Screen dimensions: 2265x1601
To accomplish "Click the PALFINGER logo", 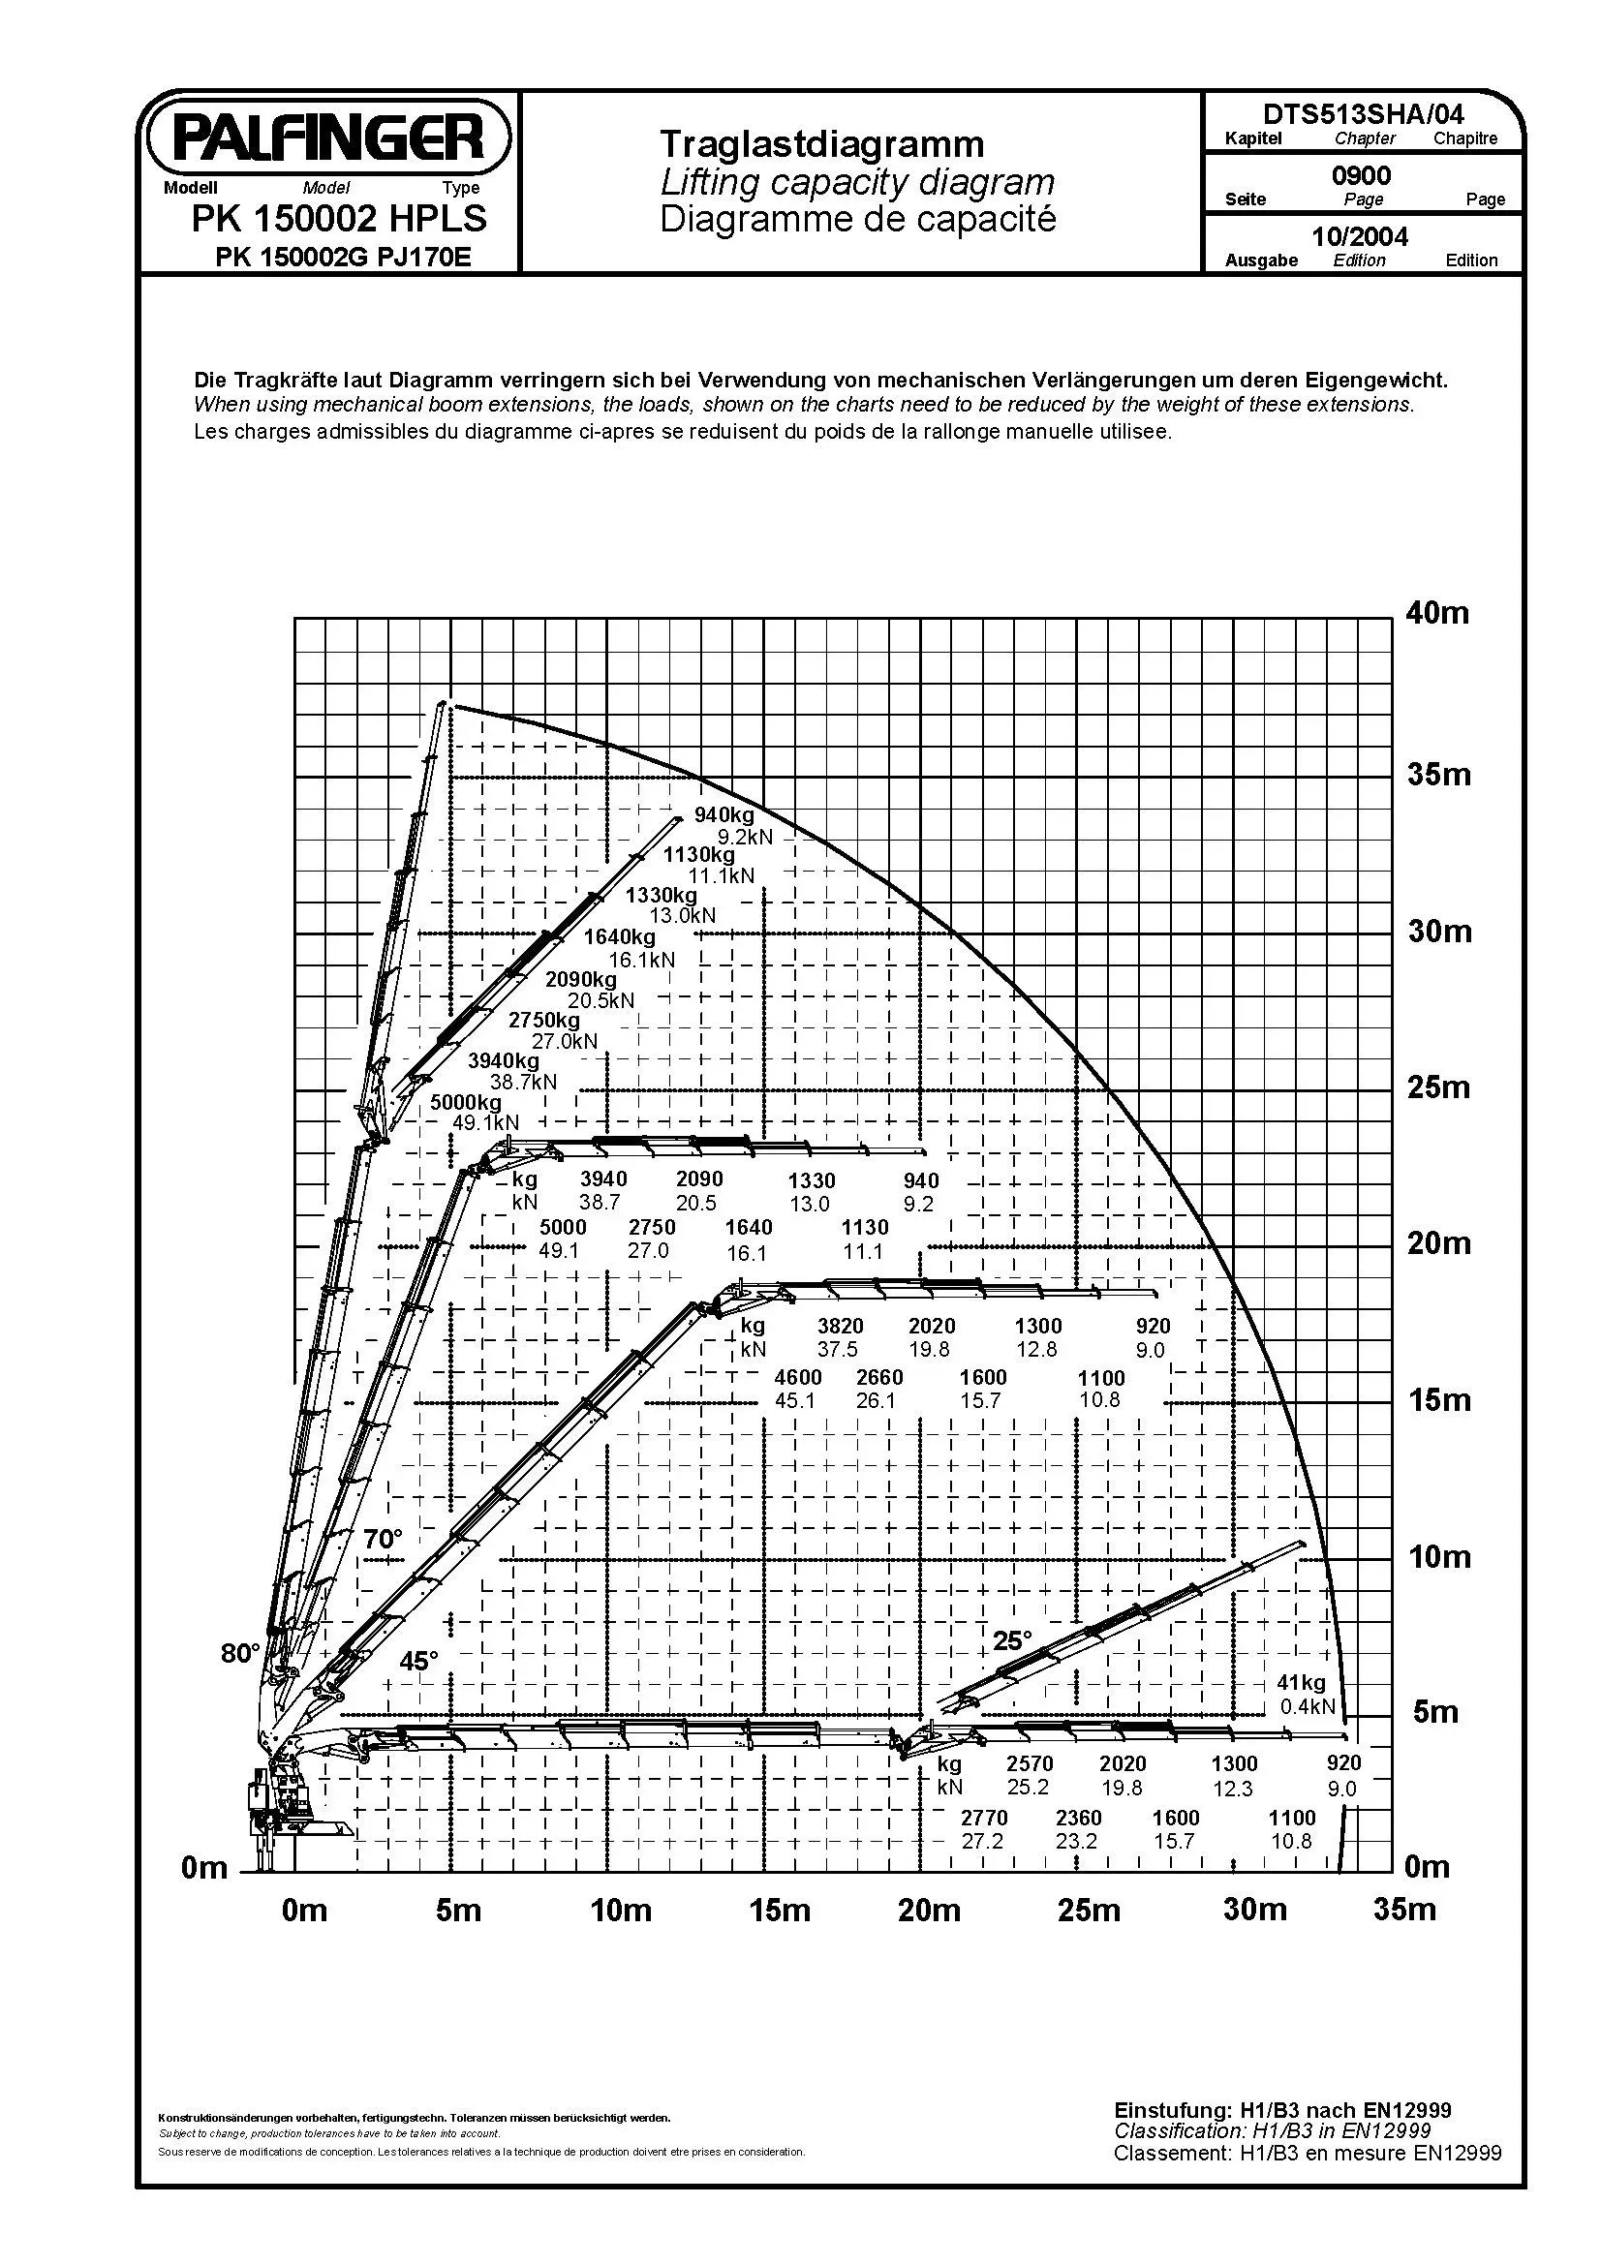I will point(328,138).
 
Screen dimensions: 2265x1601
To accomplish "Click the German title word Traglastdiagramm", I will point(821,144).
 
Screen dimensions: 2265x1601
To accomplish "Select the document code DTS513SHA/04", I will point(1363,114).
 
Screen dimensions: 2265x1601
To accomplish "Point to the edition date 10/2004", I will point(1359,235).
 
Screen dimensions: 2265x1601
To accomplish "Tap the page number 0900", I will point(1362,175).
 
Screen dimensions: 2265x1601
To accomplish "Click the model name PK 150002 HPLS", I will point(339,218).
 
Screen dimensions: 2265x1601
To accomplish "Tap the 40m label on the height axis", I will point(1437,613).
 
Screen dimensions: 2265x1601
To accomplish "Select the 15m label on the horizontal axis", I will point(780,1911).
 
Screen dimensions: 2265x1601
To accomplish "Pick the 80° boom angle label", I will point(239,1653).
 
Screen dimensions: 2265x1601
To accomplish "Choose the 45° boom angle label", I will point(418,1662).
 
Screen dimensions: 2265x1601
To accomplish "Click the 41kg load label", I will point(1301,1683).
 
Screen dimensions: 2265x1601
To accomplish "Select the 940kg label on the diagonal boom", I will point(724,814).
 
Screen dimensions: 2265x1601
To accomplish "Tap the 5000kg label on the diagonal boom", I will point(466,1102).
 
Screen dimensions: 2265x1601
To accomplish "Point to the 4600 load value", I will point(798,1377).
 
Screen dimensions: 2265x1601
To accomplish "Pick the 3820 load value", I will point(840,1327).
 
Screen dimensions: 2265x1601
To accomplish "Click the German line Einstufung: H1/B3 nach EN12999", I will point(1282,2110).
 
